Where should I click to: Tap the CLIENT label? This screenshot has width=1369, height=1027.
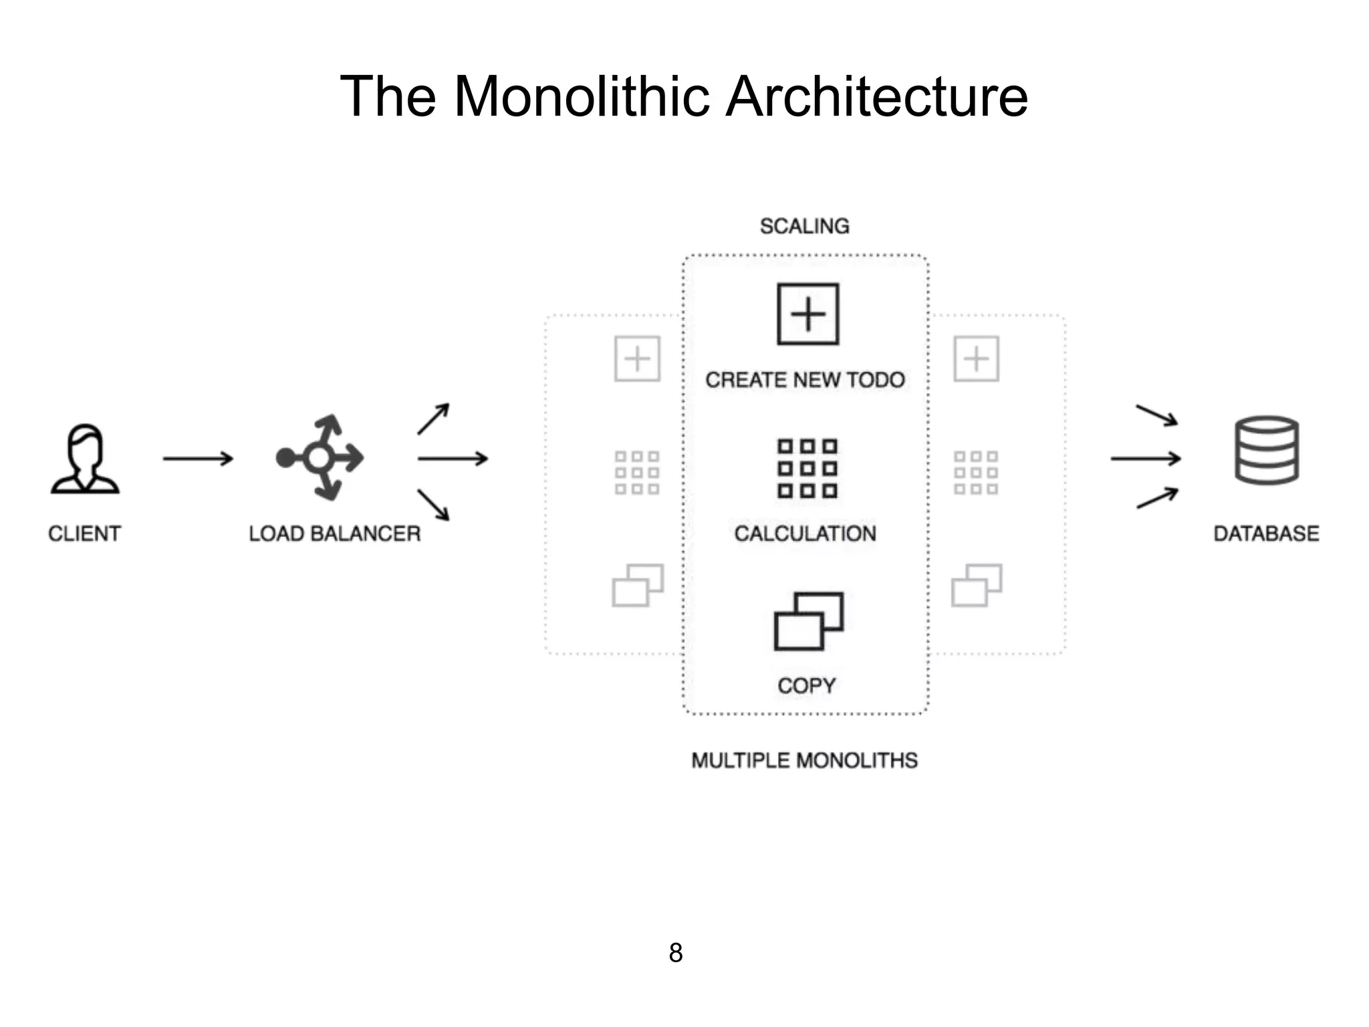pos(85,534)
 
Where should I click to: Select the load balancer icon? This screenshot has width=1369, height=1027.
pos(320,458)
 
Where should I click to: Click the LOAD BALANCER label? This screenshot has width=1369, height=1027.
pos(334,534)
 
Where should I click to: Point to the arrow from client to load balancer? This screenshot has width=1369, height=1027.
pos(198,459)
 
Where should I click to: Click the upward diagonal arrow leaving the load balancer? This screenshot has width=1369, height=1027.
pos(433,419)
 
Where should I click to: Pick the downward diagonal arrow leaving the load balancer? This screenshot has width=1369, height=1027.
pos(433,504)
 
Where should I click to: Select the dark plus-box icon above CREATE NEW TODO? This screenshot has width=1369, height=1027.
pos(807,314)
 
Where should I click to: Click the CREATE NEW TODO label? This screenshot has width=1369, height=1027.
pos(805,380)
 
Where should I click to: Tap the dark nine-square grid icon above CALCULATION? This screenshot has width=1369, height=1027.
pos(807,468)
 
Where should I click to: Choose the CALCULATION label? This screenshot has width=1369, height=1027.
pos(805,534)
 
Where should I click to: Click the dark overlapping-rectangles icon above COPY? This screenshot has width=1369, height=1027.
pos(808,621)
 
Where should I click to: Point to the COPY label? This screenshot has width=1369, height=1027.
pos(806,685)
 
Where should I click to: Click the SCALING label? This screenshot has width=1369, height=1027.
pos(805,226)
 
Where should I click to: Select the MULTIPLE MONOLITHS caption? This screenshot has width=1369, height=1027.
pos(804,760)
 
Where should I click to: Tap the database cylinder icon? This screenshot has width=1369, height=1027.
pos(1266,449)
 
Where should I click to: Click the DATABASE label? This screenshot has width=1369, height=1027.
pos(1266,534)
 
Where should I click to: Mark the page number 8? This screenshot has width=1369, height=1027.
pos(676,953)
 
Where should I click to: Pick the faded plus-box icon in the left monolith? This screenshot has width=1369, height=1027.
pos(637,359)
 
